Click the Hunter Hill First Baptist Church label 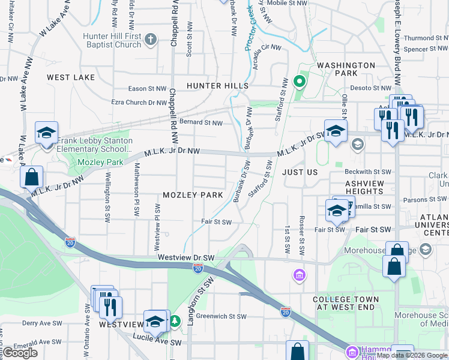(112, 40)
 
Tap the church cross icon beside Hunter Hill (151, 40)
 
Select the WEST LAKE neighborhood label (71, 77)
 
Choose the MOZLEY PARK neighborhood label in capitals (193, 195)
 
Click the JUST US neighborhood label (300, 172)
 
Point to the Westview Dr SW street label (186, 257)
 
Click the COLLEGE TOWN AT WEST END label (346, 303)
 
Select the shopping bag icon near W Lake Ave (31, 178)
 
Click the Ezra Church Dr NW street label (139, 103)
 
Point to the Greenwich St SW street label (221, 316)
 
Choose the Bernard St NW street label (201, 123)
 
